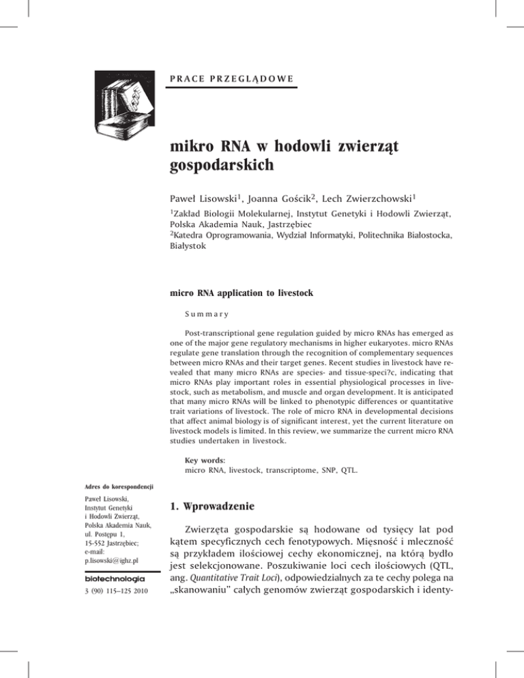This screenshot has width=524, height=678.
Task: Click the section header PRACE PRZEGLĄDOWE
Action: pos(231,78)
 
